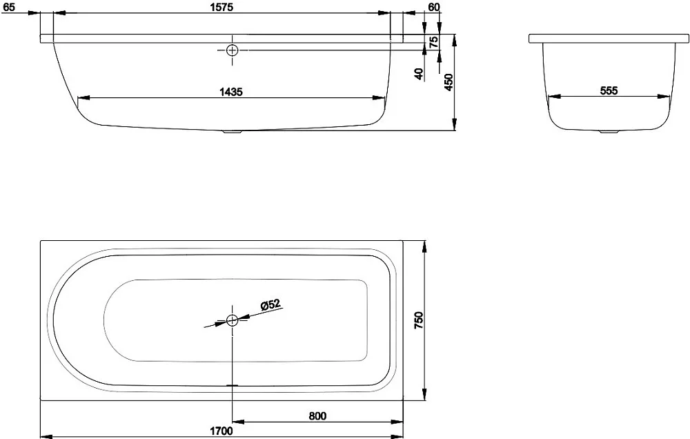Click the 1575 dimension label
[221, 7]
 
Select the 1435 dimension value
[231, 92]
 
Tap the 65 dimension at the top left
[9, 7]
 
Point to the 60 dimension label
[433, 7]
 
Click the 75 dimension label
[433, 42]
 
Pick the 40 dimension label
[419, 74]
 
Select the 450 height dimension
[448, 82]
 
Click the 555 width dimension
[609, 90]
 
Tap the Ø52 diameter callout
[270, 304]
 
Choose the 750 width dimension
[419, 320]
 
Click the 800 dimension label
[317, 416]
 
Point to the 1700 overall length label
[221, 431]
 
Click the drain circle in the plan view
[232, 320]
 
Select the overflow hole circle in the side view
[232, 50]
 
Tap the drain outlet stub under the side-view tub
[232, 131]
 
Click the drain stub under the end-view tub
[609, 131]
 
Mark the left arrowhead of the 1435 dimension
[83, 98]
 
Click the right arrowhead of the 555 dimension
[664, 97]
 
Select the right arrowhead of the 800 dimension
[397, 421]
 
